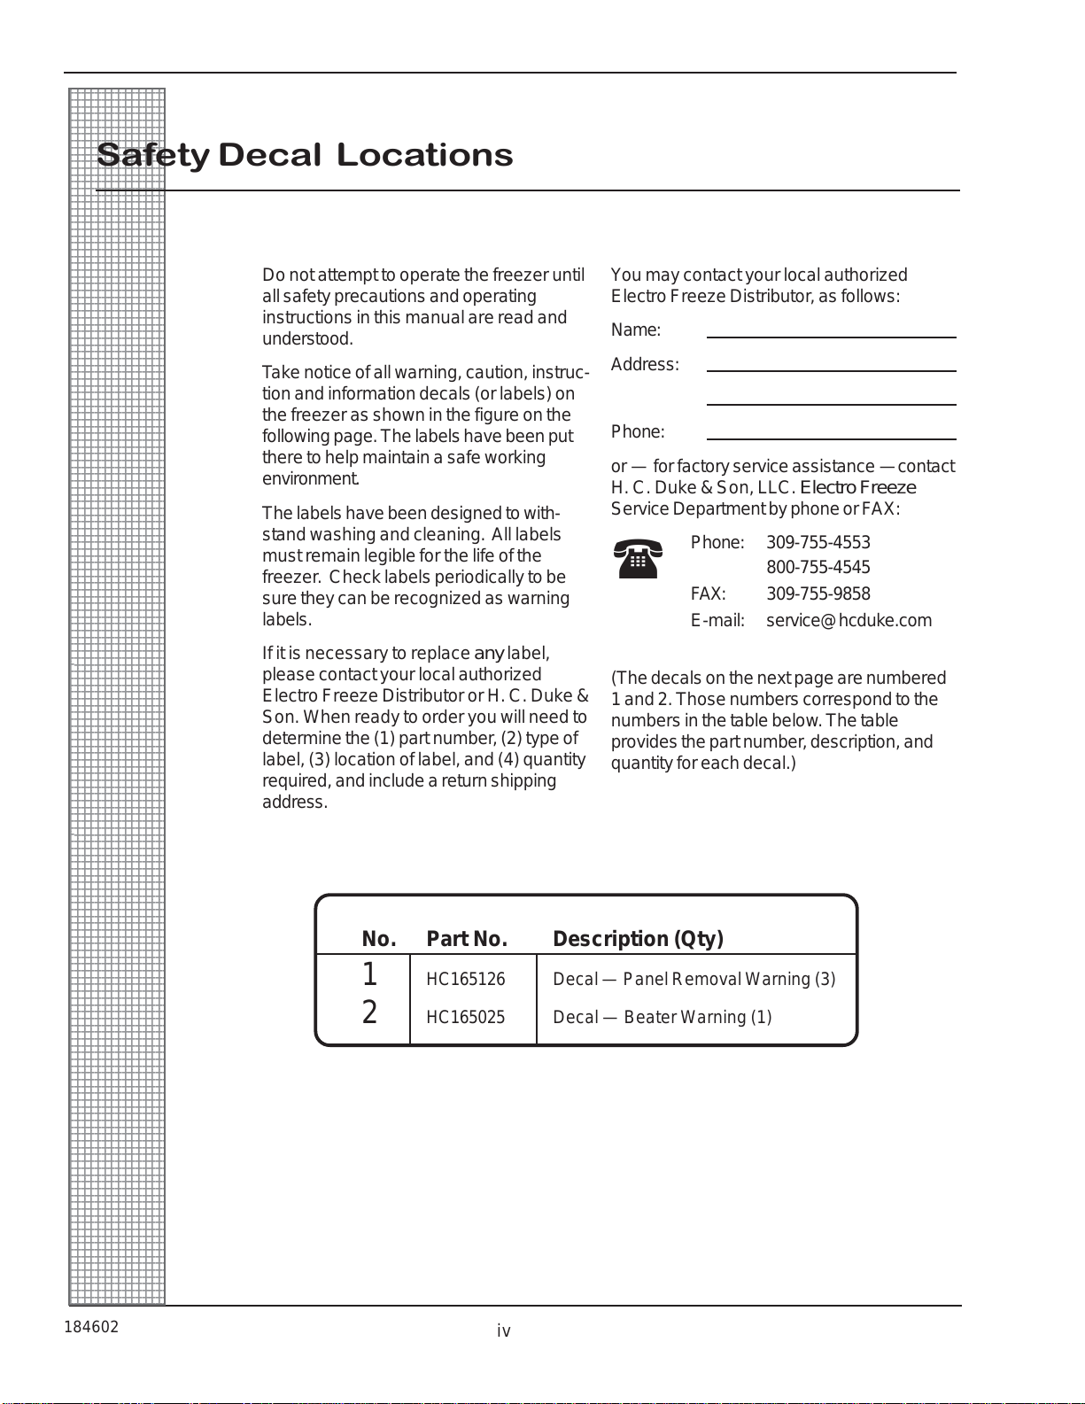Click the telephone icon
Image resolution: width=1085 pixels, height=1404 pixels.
638,558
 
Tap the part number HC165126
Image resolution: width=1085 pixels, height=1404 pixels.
465,979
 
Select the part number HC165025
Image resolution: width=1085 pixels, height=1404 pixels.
465,1017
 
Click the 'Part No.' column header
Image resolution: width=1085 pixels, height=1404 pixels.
467,939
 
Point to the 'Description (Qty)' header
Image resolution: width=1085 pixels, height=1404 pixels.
638,939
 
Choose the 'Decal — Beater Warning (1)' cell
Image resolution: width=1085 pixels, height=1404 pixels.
662,1017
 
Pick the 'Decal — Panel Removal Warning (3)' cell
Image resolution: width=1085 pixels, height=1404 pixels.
694,979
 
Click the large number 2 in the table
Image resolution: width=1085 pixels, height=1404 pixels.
369,1012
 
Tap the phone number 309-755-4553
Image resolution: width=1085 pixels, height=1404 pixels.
818,542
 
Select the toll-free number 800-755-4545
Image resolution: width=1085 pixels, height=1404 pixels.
818,567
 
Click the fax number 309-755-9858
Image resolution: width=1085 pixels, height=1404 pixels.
818,593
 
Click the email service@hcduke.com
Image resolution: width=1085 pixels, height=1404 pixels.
849,620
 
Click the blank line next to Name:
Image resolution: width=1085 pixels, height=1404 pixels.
831,335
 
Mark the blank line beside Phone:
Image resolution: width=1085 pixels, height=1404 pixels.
831,437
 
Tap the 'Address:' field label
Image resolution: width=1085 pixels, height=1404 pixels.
645,365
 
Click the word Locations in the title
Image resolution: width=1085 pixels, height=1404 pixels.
424,155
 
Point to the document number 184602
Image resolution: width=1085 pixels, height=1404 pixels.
91,1327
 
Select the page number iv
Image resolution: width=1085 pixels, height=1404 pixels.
503,1330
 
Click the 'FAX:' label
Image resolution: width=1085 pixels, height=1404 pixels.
708,593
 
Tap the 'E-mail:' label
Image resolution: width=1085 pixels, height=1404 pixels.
717,620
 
